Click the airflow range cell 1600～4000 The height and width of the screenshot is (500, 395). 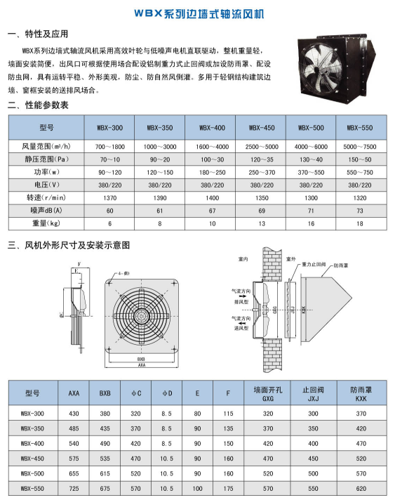tap(211, 146)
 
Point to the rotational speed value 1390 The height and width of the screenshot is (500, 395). tap(161, 199)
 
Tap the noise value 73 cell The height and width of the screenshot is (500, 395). tap(361, 211)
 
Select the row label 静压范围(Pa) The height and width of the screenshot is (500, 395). tap(42, 159)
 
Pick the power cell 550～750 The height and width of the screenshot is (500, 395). tap(361, 173)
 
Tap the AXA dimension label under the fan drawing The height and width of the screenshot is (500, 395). tap(142, 366)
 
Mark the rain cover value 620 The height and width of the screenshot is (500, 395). tap(361, 487)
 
